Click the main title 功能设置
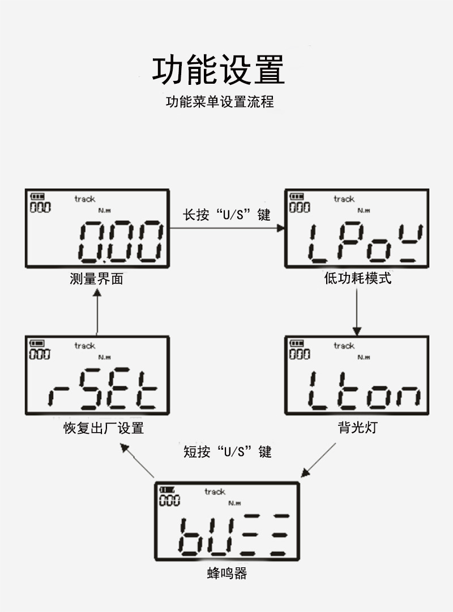click(x=219, y=70)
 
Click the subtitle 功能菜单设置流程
click(x=220, y=102)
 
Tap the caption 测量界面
click(x=96, y=279)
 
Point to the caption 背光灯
click(x=357, y=427)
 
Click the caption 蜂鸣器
click(x=226, y=574)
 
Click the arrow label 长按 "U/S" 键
click(x=226, y=215)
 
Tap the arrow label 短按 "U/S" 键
click(x=227, y=451)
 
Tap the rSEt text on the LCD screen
click(x=102, y=390)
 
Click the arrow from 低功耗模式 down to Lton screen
click(x=357, y=311)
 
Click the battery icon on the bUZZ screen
click(x=168, y=490)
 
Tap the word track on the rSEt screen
click(x=85, y=345)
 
